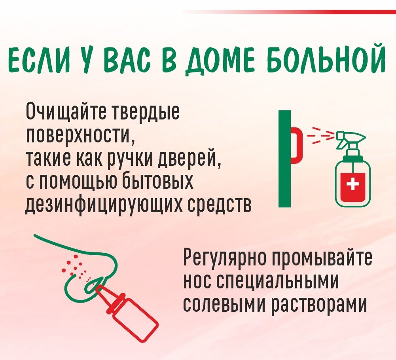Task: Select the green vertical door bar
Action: point(284,158)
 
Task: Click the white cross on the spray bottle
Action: point(353,186)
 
